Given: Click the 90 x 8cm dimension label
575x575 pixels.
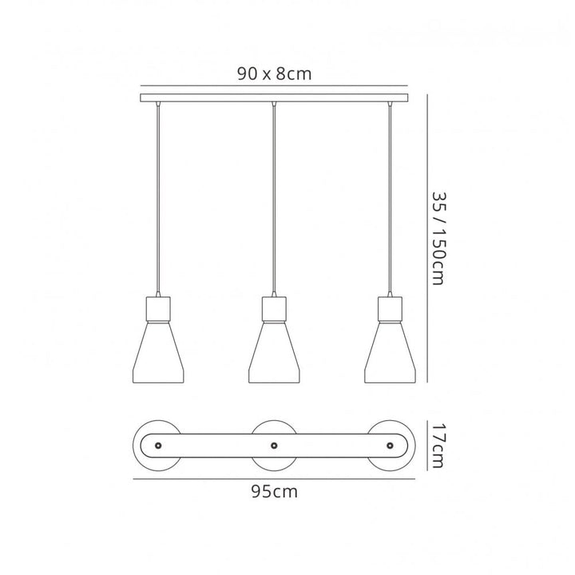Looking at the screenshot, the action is coord(274,73).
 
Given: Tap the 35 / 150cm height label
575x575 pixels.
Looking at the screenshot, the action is coord(438,238).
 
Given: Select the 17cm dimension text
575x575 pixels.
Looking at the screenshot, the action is coord(438,446).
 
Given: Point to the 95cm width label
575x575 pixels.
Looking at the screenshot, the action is coord(274,491).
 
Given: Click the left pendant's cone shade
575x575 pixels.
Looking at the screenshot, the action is coord(158,353).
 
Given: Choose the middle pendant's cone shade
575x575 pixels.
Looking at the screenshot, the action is coord(274,353).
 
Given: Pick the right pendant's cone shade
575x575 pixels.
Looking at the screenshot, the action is coord(390,353).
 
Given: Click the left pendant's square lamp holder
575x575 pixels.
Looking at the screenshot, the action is coord(158,310).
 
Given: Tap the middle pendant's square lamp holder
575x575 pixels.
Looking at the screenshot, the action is coord(274,310).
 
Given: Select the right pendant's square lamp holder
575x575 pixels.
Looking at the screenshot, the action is coord(390,310).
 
